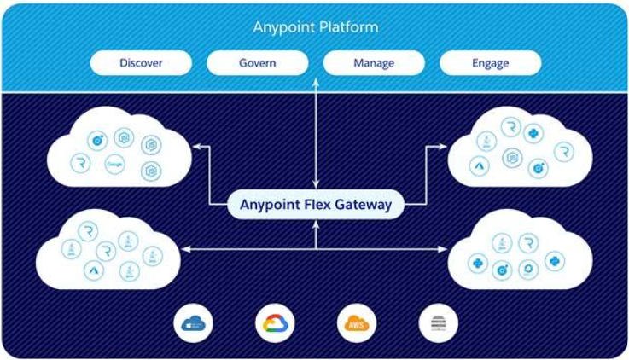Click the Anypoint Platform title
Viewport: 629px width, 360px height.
[x=315, y=27]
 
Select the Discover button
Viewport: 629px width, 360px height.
[x=141, y=63]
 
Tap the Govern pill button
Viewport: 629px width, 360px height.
[x=257, y=63]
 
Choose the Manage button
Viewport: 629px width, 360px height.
[x=373, y=63]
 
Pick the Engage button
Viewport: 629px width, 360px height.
[x=490, y=63]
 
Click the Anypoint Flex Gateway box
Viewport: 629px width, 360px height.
[x=315, y=205]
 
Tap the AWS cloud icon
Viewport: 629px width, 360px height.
[x=355, y=323]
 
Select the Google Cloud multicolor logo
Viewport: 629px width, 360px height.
[x=275, y=323]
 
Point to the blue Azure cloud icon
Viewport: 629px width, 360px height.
[x=193, y=323]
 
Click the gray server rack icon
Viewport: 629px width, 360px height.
[x=438, y=323]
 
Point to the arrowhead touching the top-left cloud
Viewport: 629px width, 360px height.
[x=196, y=147]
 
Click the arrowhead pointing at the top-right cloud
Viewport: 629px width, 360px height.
[x=442, y=147]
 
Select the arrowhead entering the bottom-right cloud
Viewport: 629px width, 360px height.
[x=443, y=249]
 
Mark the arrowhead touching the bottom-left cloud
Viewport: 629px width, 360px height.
[x=184, y=249]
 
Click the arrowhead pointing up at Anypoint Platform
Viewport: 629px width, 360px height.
[x=316, y=82]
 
